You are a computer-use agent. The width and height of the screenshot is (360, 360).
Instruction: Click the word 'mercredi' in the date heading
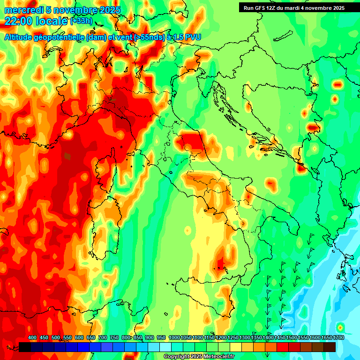click(x=20, y=10)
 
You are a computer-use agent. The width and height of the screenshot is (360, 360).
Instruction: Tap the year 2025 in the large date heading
click(x=109, y=10)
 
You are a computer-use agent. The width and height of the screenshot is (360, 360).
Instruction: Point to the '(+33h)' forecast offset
click(x=81, y=21)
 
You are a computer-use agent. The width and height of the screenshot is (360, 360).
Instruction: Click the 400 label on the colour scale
click(x=32, y=338)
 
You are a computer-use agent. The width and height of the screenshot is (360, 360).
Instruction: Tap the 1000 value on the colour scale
click(x=174, y=338)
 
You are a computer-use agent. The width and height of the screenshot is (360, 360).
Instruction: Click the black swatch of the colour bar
click(x=25, y=347)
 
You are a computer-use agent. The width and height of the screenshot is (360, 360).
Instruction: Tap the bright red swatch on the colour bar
click(x=283, y=347)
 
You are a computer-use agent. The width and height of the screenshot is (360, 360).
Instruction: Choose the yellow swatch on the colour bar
click(x=236, y=347)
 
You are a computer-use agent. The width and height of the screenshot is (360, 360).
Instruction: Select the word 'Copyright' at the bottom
click(x=177, y=357)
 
